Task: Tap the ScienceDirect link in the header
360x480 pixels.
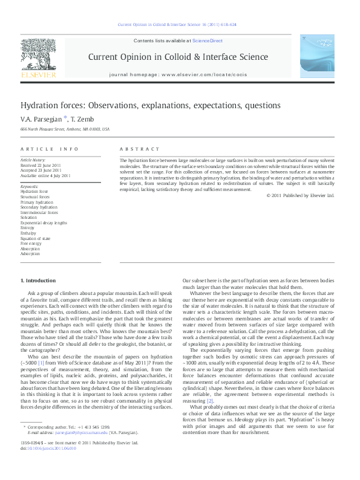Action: point(208,41)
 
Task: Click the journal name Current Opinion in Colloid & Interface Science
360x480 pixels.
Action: point(178,57)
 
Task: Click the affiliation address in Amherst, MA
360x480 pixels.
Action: point(65,129)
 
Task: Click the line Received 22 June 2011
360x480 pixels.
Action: point(41,165)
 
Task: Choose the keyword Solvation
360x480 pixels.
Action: point(30,218)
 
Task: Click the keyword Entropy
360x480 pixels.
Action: point(28,228)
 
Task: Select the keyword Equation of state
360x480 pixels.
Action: point(37,239)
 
